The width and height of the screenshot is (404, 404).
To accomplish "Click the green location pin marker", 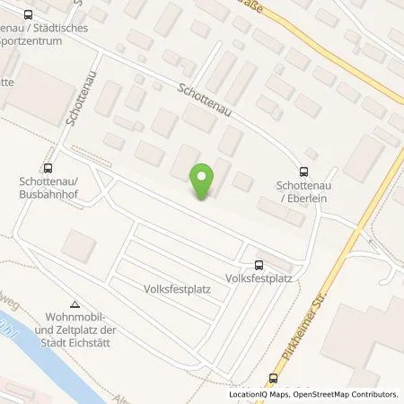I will [x=204, y=181].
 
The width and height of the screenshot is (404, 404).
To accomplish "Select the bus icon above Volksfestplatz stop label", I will [x=259, y=264].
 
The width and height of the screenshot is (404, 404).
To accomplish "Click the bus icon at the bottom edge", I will [x=275, y=377].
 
